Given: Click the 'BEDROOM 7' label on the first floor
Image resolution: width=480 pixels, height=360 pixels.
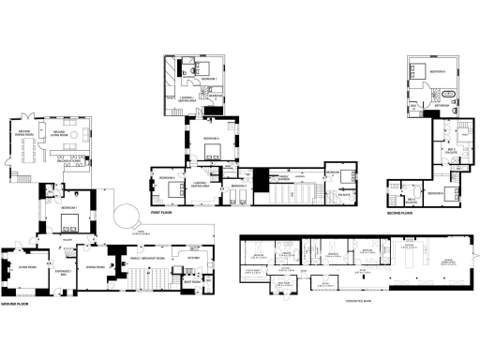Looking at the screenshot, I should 212,78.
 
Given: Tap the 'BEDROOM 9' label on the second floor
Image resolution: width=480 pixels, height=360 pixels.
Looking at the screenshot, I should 434,70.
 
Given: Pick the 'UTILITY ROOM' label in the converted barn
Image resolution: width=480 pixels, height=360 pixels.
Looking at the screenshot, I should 252,271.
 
